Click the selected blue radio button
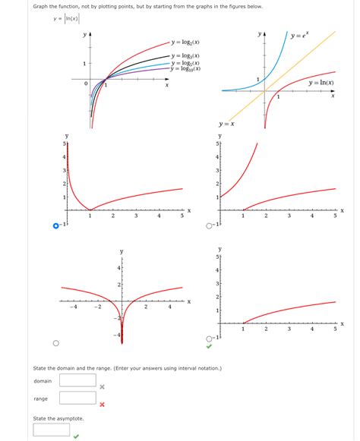click(56, 225)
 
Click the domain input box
click(77, 380)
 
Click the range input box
click(77, 398)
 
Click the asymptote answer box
click(52, 430)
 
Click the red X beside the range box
click(102, 404)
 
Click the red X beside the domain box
click(102, 386)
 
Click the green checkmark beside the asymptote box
click(76, 436)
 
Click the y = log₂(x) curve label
click(186, 43)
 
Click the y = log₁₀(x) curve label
click(186, 69)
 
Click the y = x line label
click(226, 124)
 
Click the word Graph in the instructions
click(42, 6)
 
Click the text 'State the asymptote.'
click(58, 418)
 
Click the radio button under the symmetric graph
click(56, 342)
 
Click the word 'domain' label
click(43, 380)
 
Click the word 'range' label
click(40, 398)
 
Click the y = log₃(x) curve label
click(186, 55)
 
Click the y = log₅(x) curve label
click(186, 62)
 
